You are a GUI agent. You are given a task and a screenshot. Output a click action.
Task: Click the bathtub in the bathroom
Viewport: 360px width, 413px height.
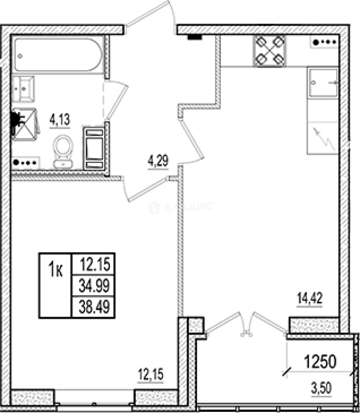point(58,54)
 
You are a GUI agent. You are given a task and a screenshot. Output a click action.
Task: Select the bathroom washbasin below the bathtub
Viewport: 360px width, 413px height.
point(23,89)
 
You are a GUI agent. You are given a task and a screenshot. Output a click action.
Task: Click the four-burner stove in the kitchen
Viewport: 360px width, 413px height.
point(270,51)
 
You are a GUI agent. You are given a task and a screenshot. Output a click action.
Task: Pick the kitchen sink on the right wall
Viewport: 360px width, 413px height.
point(323,82)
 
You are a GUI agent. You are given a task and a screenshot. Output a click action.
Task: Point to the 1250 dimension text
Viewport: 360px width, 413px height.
point(320,361)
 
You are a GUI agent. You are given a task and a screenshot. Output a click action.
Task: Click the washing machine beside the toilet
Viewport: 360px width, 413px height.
point(94,148)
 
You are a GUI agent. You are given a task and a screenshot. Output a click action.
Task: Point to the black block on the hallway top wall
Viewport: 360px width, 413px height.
point(194,37)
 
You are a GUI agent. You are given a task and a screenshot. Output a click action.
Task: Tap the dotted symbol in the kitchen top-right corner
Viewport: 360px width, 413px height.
point(325,43)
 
